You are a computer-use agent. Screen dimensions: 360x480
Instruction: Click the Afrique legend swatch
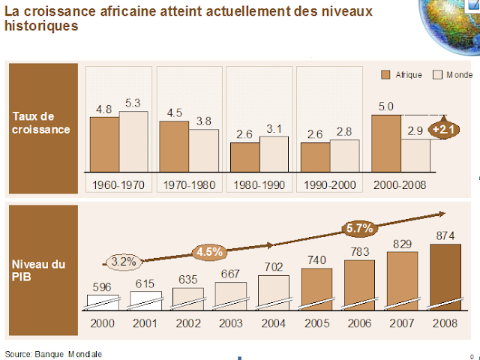coord(388,75)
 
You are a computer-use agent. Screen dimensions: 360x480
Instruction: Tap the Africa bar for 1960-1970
coord(104,145)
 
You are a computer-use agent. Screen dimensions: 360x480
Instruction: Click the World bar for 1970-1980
coord(203,151)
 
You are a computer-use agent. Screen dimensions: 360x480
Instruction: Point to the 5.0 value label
coord(386,106)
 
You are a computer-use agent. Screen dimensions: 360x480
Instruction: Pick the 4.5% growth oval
coord(209,251)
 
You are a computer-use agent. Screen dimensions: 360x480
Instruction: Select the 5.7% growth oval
coord(359,227)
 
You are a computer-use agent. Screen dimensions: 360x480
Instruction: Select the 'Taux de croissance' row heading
coord(42,122)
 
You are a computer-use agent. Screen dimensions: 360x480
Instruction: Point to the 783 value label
coord(360,251)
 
